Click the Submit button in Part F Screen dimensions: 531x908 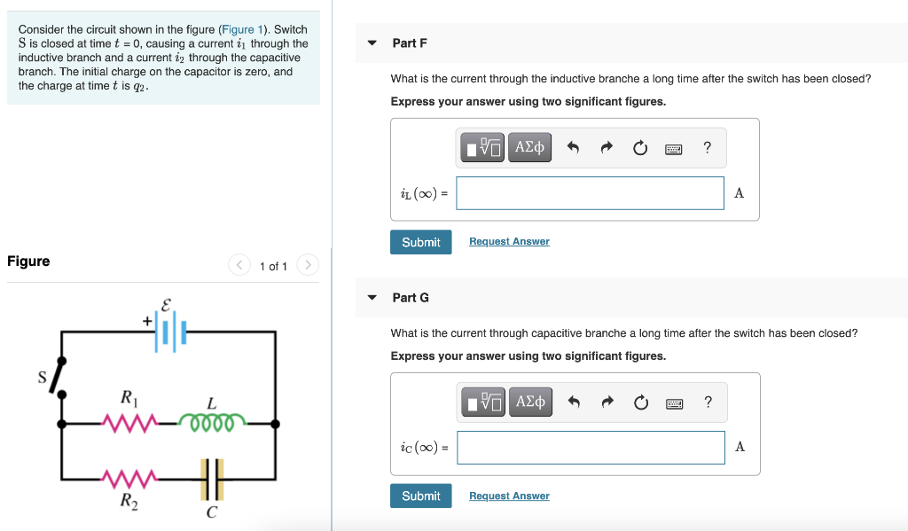(x=420, y=242)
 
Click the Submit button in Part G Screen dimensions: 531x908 (x=420, y=496)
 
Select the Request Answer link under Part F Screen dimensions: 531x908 (x=509, y=242)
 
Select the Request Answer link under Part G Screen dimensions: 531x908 (x=509, y=496)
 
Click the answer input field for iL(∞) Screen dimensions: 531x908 (x=590, y=193)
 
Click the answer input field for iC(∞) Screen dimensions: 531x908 (x=591, y=448)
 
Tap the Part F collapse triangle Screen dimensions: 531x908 (x=372, y=43)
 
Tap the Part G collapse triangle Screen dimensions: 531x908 (x=372, y=298)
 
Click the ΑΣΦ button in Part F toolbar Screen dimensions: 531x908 (x=529, y=147)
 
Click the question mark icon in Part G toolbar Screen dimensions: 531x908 (x=708, y=402)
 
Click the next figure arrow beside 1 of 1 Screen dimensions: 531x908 (x=307, y=265)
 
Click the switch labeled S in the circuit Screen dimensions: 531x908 (x=57, y=379)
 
